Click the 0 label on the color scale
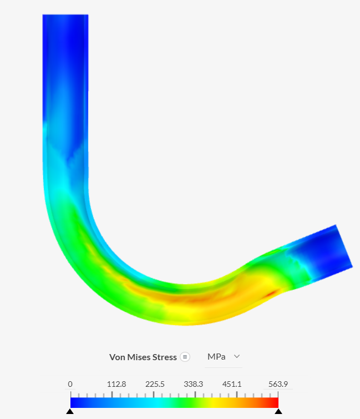pyautogui.click(x=70, y=384)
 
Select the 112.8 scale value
pyautogui.click(x=116, y=384)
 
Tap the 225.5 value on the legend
pyautogui.click(x=155, y=384)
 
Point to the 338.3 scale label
pyautogui.click(x=194, y=384)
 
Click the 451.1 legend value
pyautogui.click(x=232, y=384)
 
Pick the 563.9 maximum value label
pyautogui.click(x=278, y=384)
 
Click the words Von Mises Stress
pyautogui.click(x=143, y=357)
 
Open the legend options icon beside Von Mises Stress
pyautogui.click(x=185, y=357)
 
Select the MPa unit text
pyautogui.click(x=216, y=357)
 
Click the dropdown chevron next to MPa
pyautogui.click(x=237, y=356)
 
